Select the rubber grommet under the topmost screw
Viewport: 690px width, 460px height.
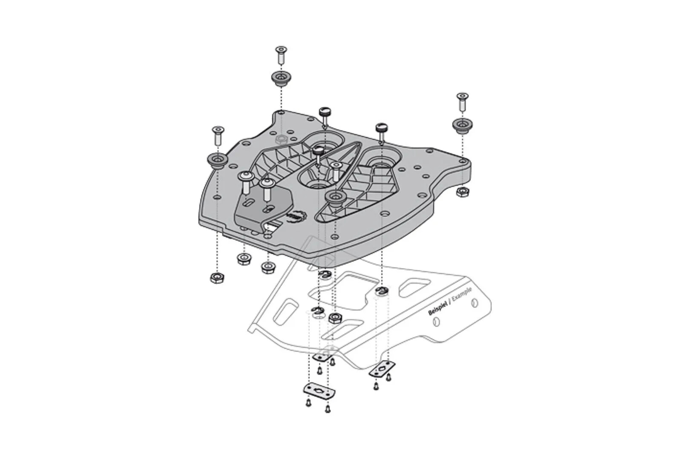point(281,78)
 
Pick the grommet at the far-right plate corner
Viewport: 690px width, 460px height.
point(461,125)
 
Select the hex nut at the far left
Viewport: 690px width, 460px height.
point(217,278)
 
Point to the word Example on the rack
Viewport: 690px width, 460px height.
point(462,296)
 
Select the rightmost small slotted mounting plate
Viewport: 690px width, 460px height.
point(382,368)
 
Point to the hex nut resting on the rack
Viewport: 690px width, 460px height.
point(335,317)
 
